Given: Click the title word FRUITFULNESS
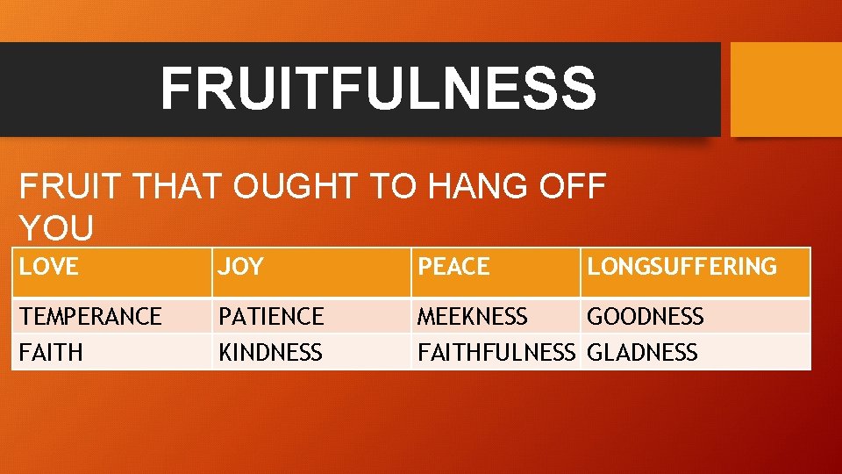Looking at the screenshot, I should pyautogui.click(x=378, y=88).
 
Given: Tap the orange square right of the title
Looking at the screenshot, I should pyautogui.click(x=786, y=90).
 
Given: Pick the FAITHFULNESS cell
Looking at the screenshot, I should pyautogui.click(x=496, y=353).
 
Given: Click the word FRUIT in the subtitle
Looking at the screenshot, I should pyautogui.click(x=64, y=187).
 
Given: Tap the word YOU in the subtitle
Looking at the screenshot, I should pyautogui.click(x=56, y=229).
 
